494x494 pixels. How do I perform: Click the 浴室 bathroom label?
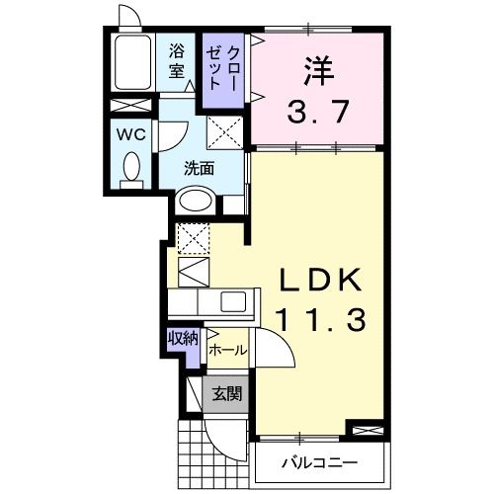(178, 60)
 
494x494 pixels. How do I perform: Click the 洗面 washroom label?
(198, 167)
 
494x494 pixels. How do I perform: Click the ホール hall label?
(227, 350)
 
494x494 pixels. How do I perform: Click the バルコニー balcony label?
(318, 462)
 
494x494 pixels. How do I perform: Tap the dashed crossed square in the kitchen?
(193, 238)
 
